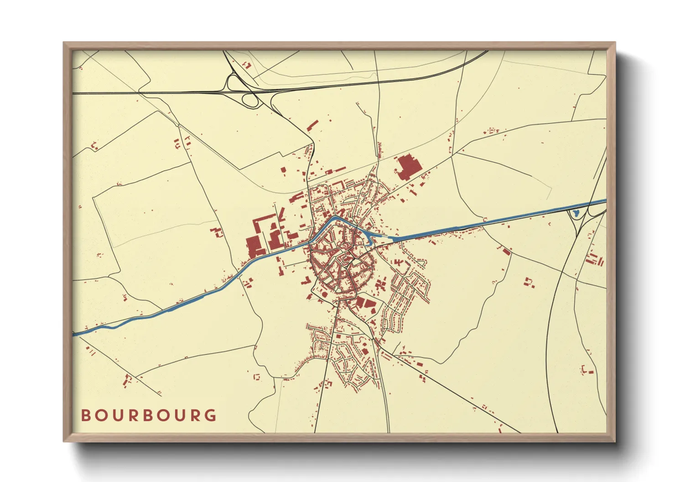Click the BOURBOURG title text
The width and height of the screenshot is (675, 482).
(x=149, y=415)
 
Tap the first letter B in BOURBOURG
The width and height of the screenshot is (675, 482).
(x=85, y=415)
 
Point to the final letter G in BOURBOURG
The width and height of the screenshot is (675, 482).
(x=211, y=415)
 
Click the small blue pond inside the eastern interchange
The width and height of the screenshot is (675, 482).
(x=575, y=213)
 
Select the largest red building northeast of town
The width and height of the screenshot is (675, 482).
(x=407, y=168)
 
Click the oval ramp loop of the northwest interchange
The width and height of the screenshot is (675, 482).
(x=249, y=100)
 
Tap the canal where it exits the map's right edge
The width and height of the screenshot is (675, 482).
(x=603, y=201)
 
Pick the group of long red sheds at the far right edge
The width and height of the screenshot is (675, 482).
(x=595, y=260)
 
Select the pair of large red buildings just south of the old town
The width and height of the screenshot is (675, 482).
(x=365, y=303)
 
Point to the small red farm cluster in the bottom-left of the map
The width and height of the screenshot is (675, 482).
(x=128, y=379)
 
